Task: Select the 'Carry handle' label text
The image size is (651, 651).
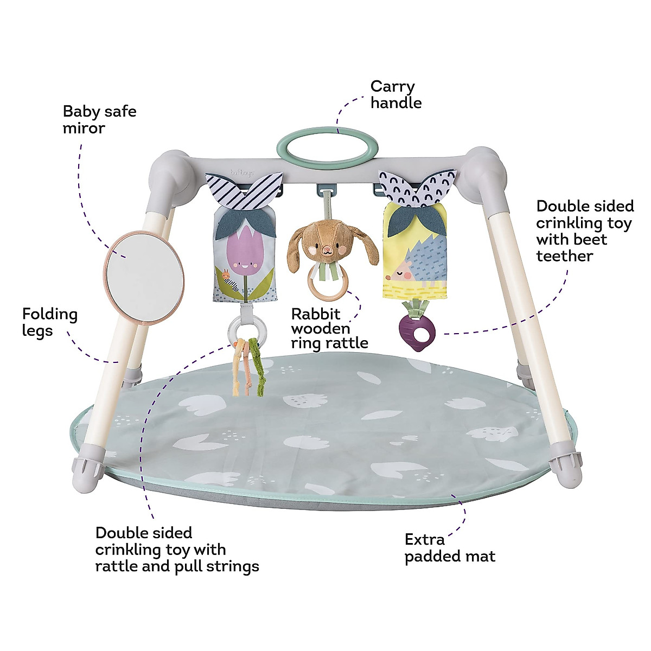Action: pos(395,94)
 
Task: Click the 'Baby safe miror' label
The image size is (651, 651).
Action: pos(99,120)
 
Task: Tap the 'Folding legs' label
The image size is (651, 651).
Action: pos(50,322)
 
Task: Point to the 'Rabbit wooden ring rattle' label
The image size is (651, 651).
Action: pos(329,328)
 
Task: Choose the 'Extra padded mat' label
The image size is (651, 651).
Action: pos(450,548)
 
